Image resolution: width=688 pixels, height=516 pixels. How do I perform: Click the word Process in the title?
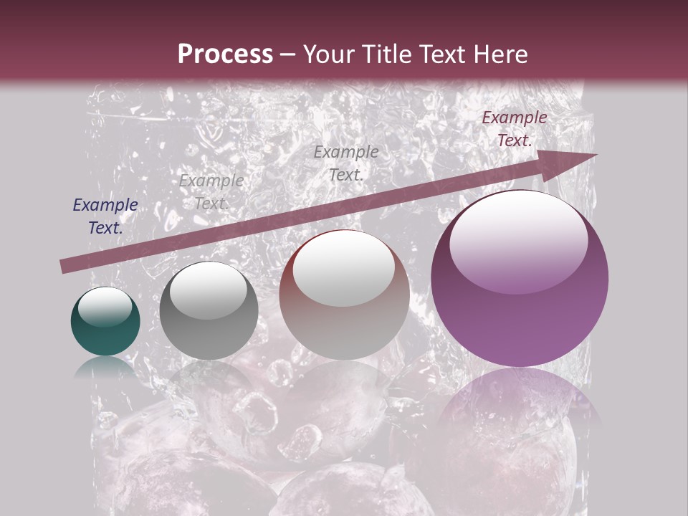225,54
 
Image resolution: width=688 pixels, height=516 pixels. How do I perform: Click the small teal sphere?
105,322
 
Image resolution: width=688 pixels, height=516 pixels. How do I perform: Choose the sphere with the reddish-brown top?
345,295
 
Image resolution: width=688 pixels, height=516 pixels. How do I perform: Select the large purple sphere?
520,279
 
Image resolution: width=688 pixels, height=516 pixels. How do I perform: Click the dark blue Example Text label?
105,216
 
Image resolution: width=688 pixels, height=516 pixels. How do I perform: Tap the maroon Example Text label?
515,129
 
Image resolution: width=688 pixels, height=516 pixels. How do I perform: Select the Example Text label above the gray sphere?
211,192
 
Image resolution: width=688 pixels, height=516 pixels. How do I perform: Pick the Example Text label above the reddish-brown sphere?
346,163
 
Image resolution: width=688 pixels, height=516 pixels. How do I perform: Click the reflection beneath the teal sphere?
105,367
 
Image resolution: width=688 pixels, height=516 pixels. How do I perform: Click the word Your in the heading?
328,54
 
